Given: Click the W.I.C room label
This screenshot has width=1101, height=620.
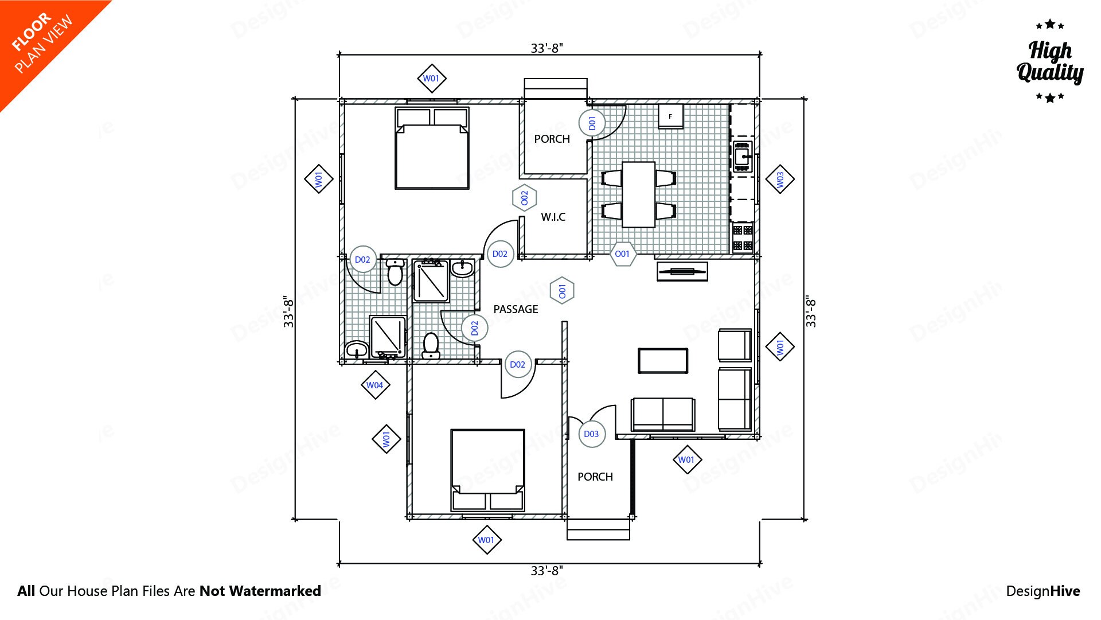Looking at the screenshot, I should click(553, 217).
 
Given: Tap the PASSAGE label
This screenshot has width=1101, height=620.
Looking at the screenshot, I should click(516, 309).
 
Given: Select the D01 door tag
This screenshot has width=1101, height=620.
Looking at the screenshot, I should click(592, 123).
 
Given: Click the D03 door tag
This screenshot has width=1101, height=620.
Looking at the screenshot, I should click(591, 434).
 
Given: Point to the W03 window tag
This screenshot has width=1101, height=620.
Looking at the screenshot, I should click(780, 180).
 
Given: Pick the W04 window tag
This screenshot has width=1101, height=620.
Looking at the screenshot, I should click(375, 385).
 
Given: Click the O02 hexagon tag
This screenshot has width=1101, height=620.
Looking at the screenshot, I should click(524, 198).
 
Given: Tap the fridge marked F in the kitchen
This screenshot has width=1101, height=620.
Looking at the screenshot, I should click(670, 116).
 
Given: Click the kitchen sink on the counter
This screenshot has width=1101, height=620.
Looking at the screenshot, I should click(743, 156).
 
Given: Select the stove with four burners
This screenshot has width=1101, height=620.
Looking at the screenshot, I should click(743, 238).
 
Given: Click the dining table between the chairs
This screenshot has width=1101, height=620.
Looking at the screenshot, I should click(638, 194).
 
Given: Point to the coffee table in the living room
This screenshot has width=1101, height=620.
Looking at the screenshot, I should click(663, 361).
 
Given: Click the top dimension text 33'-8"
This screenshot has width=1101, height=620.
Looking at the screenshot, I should click(546, 48).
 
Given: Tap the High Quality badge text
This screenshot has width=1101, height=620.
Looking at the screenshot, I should click(1049, 62).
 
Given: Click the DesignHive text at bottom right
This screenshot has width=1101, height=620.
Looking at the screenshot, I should click(1043, 591).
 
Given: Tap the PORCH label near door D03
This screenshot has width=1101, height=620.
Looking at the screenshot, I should click(595, 477).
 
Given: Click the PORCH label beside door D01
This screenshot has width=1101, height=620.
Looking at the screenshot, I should click(552, 139).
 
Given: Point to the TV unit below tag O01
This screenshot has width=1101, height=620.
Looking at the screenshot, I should click(682, 271).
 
